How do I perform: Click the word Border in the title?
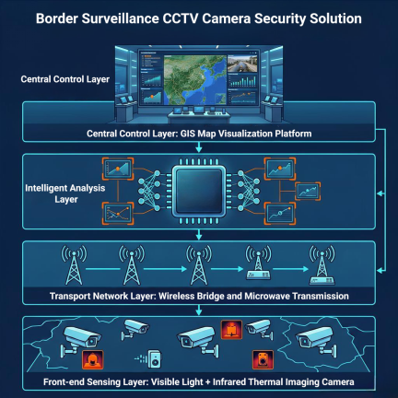(57, 18)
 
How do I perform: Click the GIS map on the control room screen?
(195, 80)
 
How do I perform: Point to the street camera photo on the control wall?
(242, 64)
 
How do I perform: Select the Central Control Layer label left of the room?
(65, 79)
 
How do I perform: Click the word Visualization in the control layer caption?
(242, 134)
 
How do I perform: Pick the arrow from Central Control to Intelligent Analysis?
(199, 147)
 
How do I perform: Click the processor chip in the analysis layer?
(199, 191)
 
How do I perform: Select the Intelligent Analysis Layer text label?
(65, 193)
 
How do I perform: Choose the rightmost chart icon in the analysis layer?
(308, 191)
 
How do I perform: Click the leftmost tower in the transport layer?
(74, 264)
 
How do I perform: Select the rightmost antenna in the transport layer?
(322, 264)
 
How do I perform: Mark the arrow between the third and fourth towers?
(227, 269)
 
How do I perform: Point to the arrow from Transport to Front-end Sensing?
(199, 310)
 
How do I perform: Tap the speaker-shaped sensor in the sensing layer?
(154, 358)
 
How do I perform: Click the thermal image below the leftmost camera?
(93, 359)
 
